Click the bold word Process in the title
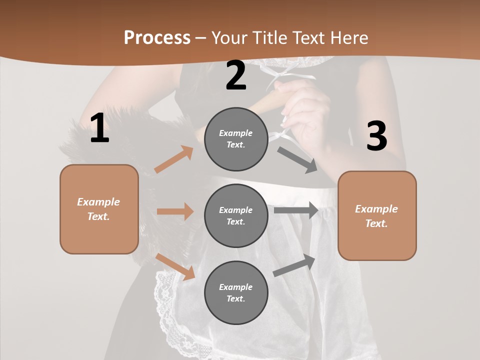[x=157, y=37]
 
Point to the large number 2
[x=236, y=75]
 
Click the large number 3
[x=376, y=136]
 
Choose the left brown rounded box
[x=99, y=209]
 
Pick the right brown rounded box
[x=377, y=216]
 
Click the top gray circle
[x=236, y=139]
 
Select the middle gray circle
[x=236, y=215]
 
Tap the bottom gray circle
[x=236, y=292]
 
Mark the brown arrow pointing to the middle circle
[x=175, y=211]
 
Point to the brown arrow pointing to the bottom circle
[x=175, y=266]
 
